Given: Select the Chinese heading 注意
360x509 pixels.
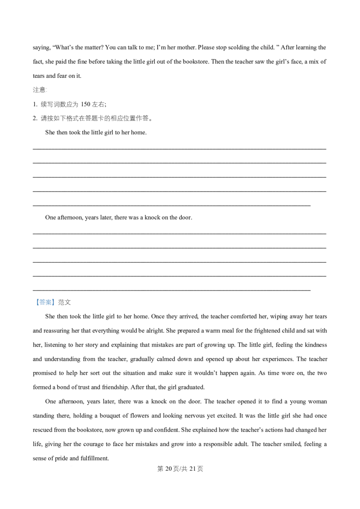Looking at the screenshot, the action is (x=39, y=90).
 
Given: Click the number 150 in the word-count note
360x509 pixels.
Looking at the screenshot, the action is (x=85, y=104).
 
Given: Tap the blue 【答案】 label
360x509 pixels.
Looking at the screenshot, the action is (x=44, y=302).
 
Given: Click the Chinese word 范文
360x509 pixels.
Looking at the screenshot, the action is (x=64, y=302).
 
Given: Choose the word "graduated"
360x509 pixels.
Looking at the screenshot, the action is (x=192, y=387).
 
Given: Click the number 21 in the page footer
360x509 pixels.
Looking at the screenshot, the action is (x=192, y=469).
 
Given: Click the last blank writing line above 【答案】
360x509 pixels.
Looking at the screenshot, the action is (x=171, y=290).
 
